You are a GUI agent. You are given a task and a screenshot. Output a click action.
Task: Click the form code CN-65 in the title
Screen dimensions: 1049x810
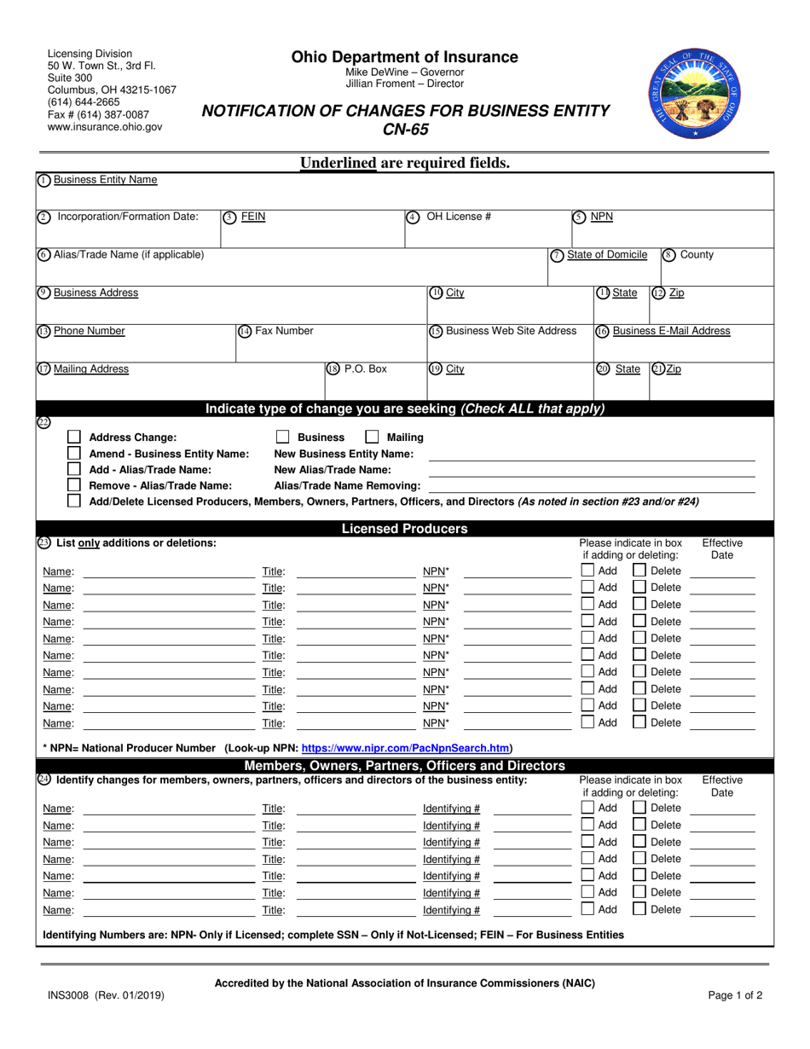pyautogui.click(x=405, y=130)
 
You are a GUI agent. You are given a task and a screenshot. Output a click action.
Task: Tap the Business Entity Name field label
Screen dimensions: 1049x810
pyautogui.click(x=105, y=180)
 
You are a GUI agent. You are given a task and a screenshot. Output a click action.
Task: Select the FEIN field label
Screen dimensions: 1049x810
pyautogui.click(x=253, y=217)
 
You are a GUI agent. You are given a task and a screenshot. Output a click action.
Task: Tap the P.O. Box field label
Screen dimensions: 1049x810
pyautogui.click(x=365, y=369)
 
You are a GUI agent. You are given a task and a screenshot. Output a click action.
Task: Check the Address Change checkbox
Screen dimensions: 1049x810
pyautogui.click(x=74, y=438)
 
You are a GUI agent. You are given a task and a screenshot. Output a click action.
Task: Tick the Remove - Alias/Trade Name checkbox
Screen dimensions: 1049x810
pyautogui.click(x=74, y=485)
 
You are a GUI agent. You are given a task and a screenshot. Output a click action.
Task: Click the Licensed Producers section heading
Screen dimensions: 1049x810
pyautogui.click(x=404, y=529)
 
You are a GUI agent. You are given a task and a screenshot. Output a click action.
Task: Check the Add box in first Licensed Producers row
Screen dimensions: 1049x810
pyautogui.click(x=588, y=571)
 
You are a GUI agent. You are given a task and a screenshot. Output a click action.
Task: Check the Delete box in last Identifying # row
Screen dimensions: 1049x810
pyautogui.click(x=639, y=909)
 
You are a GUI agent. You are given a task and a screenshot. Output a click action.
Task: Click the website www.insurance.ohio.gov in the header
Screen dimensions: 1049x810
pyautogui.click(x=104, y=126)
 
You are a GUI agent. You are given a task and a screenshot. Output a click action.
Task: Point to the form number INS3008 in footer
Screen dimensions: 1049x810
pyautogui.click(x=72, y=995)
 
